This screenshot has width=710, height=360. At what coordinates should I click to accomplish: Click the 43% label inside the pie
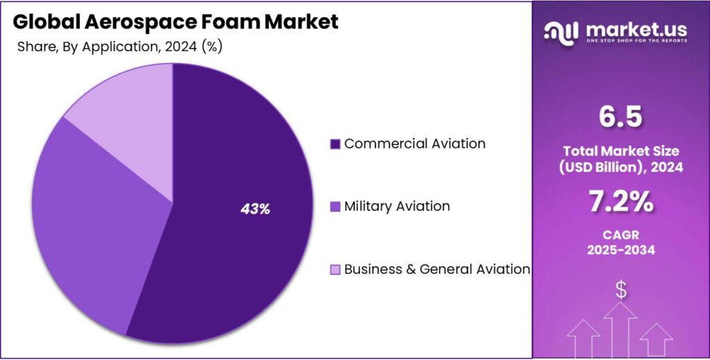255,208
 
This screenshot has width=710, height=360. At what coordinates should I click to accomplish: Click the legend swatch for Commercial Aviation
335,144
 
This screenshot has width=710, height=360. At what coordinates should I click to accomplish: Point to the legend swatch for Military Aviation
335,207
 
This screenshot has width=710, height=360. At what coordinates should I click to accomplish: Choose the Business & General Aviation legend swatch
335,269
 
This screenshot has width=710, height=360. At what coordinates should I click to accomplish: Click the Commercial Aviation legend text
415,144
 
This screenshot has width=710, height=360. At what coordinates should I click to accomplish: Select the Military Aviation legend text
397,206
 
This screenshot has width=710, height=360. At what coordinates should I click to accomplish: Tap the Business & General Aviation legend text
437,268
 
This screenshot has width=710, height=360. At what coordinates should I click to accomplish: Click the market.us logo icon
562,31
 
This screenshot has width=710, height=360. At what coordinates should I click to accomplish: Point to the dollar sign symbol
621,290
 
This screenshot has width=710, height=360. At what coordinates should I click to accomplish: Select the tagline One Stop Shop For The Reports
637,41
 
